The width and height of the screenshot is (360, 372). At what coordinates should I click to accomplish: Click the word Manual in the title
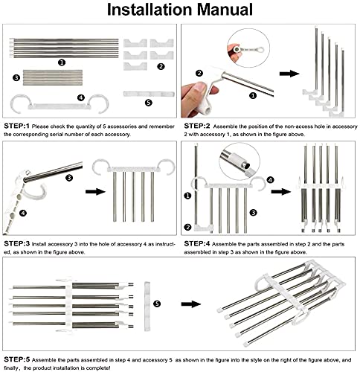[x=225, y=10]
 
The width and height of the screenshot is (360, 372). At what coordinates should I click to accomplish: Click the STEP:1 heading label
[x=16, y=126]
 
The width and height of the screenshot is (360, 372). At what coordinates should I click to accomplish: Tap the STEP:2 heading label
[x=197, y=126]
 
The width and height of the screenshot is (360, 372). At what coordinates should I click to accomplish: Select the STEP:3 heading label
[x=16, y=243]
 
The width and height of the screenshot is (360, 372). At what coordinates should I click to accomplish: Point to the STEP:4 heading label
[x=197, y=243]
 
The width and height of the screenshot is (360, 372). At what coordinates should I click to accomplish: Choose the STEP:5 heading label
[x=16, y=359]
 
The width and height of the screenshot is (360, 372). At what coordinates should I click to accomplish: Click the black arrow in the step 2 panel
[x=289, y=74]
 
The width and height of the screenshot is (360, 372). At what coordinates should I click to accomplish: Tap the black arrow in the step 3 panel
[x=95, y=191]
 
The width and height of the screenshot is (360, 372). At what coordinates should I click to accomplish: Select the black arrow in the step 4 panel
[x=281, y=191]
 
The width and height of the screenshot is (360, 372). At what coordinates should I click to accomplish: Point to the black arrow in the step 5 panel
[x=191, y=304]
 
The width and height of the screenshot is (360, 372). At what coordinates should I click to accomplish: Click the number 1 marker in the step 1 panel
[x=62, y=62]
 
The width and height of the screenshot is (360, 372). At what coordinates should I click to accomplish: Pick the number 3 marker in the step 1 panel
[x=16, y=77]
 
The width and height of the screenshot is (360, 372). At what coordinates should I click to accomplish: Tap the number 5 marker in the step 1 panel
[x=148, y=103]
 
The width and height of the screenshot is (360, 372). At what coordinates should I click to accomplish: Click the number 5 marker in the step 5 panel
[x=157, y=304]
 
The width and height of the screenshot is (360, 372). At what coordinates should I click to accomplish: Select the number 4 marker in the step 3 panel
[x=23, y=213]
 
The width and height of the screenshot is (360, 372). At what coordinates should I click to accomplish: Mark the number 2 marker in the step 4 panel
[x=187, y=227]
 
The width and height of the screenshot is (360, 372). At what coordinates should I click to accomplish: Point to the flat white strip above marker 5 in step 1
[x=149, y=94]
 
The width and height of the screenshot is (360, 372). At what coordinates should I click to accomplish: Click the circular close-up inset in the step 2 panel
[x=248, y=48]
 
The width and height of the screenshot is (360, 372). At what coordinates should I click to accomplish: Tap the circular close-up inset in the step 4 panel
[x=240, y=161]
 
